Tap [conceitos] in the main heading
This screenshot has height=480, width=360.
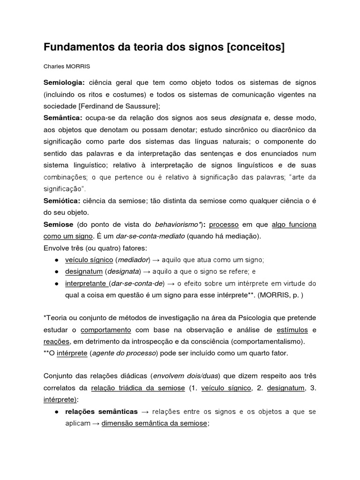pyautogui.click(x=256, y=47)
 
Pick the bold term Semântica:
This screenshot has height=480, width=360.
pyautogui.click(x=63, y=118)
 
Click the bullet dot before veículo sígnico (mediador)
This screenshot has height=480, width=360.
pyautogui.click(x=56, y=260)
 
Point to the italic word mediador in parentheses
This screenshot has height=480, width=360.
pyautogui.click(x=133, y=260)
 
